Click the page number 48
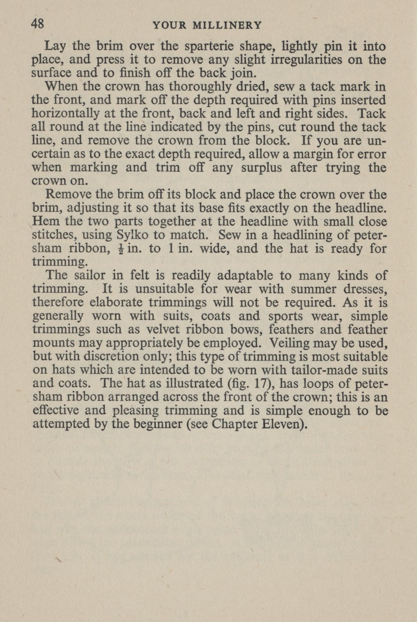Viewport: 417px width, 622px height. (37, 24)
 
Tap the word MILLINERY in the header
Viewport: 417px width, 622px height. (227, 25)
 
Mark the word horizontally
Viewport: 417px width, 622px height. (64, 114)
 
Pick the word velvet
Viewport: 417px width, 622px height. (163, 329)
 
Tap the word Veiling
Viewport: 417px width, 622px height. (289, 343)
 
